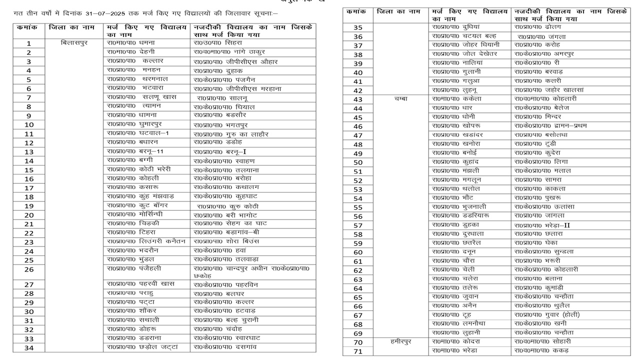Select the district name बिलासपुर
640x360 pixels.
coord(74,43)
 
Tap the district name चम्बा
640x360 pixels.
coord(401,99)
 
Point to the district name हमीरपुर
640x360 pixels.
coord(401,342)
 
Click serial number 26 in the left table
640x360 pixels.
coord(29,269)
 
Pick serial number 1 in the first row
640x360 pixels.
coord(29,43)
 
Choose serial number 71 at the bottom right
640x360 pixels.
coord(358,351)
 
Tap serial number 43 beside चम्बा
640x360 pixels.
coord(358,99)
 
